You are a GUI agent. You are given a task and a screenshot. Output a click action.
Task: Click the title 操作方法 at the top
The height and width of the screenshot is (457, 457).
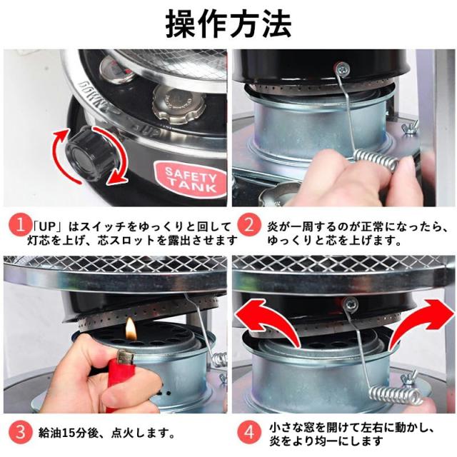pos(228,24)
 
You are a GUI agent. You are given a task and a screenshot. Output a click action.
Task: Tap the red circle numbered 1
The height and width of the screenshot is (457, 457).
pos(20,226)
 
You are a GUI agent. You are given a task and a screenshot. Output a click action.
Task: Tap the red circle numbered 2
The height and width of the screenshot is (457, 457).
pos(249,226)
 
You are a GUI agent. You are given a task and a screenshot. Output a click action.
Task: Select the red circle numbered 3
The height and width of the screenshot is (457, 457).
pos(20,432)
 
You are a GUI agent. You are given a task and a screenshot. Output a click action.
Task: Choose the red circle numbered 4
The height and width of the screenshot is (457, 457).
pos(249,432)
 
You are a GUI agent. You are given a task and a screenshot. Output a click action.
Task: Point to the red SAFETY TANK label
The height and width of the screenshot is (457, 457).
pos(191,179)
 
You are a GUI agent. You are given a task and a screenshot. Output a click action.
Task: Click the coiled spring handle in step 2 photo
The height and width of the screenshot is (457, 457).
pos(376,159)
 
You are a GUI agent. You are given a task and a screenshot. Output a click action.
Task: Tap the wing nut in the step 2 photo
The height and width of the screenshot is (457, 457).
pos(411,129)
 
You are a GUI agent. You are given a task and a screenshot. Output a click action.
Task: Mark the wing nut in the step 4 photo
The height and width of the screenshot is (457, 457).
pos(408,379)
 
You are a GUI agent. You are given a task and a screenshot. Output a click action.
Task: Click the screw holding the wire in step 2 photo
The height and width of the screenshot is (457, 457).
pos(342,69)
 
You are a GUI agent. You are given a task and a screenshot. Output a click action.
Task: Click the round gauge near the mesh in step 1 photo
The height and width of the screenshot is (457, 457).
pos(116,69)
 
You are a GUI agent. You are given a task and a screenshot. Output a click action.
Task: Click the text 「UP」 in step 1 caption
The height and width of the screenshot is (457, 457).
pos(48,226)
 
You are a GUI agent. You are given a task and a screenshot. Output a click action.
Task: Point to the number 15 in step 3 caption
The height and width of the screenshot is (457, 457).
pos(69,433)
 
